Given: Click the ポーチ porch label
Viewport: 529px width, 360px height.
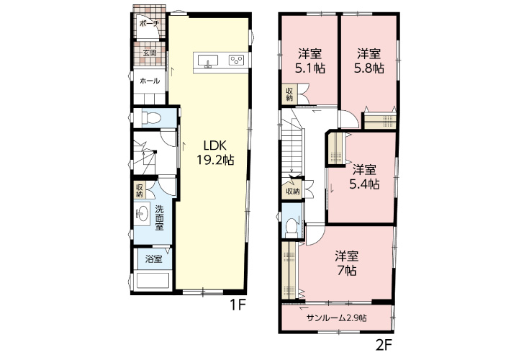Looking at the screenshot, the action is tap(149, 24).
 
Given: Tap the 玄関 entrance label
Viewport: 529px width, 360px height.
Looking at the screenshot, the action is tap(150, 53).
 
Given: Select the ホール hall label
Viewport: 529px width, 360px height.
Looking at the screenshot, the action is tap(150, 81).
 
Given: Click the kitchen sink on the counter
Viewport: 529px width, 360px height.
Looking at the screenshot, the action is tap(207, 61).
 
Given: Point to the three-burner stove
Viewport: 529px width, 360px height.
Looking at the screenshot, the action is tap(236, 60).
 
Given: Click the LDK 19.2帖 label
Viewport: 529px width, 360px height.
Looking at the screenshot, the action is tap(215, 153).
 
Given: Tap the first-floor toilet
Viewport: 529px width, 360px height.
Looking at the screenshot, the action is tap(152, 118).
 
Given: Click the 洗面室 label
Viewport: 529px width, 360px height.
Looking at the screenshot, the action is tap(159, 217).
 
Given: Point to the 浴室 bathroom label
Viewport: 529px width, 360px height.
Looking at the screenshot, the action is tap(153, 259).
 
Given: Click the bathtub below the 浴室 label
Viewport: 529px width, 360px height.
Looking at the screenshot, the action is tap(152, 281).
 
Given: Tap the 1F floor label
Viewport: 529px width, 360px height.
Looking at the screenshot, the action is tap(238, 305).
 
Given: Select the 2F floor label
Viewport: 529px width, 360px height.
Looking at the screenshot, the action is tap(384, 345).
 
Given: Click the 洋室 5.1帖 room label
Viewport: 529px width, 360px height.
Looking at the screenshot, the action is tap(310, 61).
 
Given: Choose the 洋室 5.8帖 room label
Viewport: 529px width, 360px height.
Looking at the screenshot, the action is tap(369, 61).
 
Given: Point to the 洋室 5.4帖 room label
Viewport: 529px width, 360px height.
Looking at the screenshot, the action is tap(364, 177).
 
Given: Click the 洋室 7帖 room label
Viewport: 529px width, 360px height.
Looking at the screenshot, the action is tap(347, 264).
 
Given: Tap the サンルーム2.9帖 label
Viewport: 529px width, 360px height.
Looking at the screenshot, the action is tap(337, 318).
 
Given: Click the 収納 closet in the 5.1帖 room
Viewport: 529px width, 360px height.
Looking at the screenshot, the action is tap(290, 94).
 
